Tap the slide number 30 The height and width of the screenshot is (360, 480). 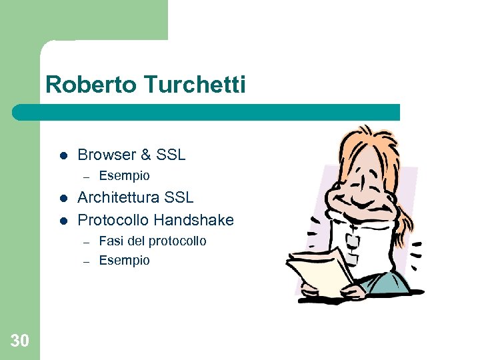click(20, 341)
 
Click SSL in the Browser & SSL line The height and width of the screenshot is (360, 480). click(171, 155)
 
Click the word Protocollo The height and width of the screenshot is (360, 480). click(113, 219)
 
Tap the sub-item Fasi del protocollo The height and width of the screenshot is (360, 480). click(153, 241)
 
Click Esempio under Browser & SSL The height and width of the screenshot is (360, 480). click(124, 176)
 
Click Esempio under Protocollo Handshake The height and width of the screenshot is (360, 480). click(124, 260)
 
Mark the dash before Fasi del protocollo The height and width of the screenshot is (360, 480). click(85, 241)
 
